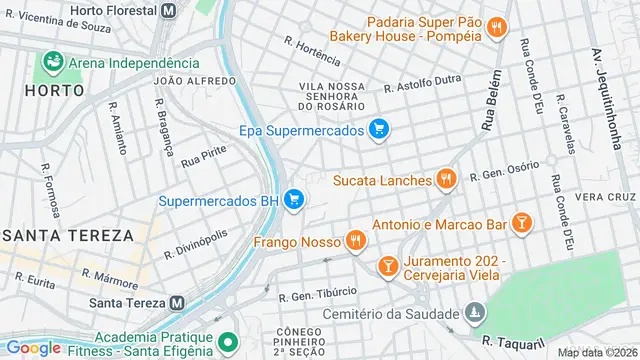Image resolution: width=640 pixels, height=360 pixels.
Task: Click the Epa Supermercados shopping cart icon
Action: (x=378, y=129)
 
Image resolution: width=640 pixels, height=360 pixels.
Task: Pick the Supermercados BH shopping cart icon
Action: (x=294, y=200)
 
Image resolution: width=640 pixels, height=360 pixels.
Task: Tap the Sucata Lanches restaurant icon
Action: (x=446, y=181)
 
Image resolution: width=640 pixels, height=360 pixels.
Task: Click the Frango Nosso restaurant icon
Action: (x=354, y=240)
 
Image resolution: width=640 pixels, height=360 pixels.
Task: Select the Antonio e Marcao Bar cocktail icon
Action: (x=521, y=224)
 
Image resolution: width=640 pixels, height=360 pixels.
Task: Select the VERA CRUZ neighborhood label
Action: (x=607, y=197)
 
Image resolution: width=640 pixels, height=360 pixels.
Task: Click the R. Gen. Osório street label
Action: (x=504, y=171)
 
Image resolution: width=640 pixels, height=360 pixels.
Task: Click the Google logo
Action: (x=33, y=347)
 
